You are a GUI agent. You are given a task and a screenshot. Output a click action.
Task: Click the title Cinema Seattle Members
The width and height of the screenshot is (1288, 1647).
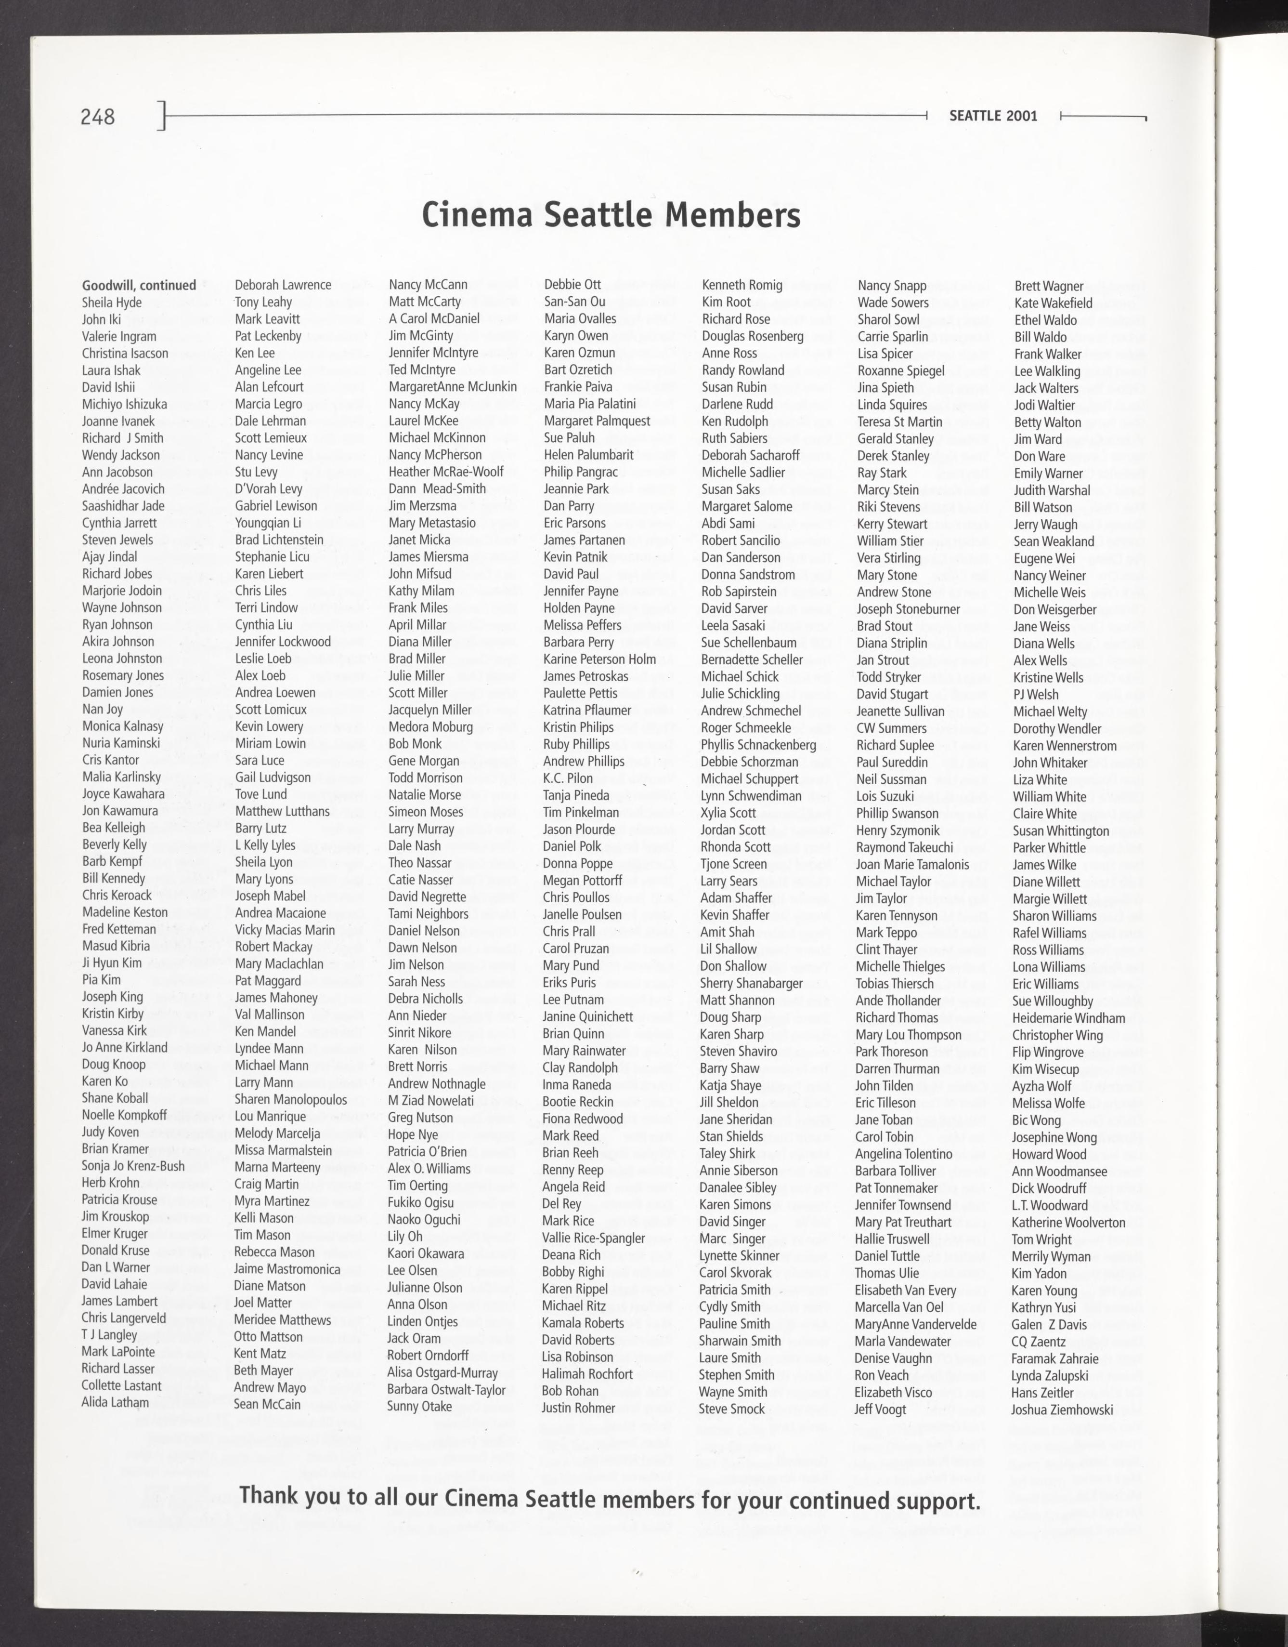[611, 214]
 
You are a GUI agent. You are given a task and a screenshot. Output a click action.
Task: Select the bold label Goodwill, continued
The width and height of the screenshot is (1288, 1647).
[139, 285]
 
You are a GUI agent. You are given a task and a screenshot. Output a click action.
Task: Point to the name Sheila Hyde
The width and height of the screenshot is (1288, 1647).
[112, 303]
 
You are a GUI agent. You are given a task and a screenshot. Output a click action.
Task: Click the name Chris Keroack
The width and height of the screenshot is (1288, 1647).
[117, 895]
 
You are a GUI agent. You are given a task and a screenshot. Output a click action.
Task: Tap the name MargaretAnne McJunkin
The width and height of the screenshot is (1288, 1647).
[453, 386]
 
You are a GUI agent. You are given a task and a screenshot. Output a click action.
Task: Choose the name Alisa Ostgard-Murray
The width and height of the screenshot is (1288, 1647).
[442, 1372]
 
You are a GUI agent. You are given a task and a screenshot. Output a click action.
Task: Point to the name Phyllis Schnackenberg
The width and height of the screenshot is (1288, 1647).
[758, 745]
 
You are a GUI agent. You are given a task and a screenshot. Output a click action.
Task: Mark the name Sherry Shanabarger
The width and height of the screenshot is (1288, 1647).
[751, 983]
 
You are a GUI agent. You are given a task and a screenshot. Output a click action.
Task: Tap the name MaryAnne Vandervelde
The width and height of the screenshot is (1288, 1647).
[915, 1324]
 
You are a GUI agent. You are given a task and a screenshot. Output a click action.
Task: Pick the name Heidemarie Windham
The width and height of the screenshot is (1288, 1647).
[1068, 1018]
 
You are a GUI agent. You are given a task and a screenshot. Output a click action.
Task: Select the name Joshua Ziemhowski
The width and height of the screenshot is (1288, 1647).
[1062, 1410]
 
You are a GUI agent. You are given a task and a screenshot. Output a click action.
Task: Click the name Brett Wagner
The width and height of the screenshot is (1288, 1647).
[1048, 286]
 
